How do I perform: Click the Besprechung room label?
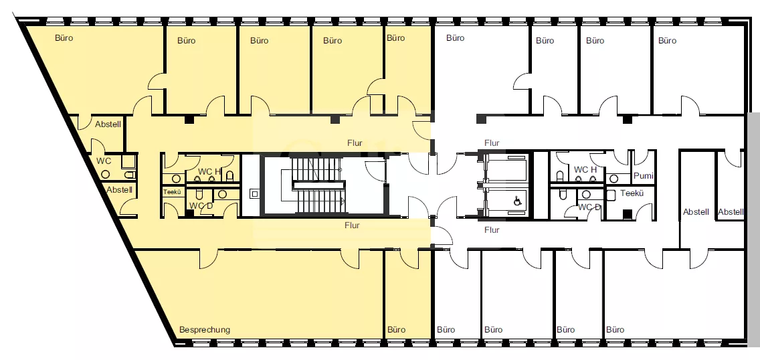(205, 330)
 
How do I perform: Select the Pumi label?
(644, 176)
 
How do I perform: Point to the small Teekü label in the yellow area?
(172, 192)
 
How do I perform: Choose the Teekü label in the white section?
(632, 193)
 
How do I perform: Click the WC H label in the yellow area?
(209, 171)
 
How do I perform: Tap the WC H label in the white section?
(585, 169)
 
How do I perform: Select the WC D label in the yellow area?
(201, 205)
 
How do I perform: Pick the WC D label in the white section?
(589, 207)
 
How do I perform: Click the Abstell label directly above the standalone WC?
(108, 124)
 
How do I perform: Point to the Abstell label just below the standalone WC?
(119, 190)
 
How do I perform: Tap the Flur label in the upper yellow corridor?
(355, 143)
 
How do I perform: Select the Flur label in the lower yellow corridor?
(353, 226)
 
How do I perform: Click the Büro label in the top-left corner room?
(64, 37)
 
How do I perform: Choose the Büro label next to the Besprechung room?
(397, 330)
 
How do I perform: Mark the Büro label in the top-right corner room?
(668, 41)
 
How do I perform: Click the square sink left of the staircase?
(255, 194)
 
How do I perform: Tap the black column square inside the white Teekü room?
(627, 213)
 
